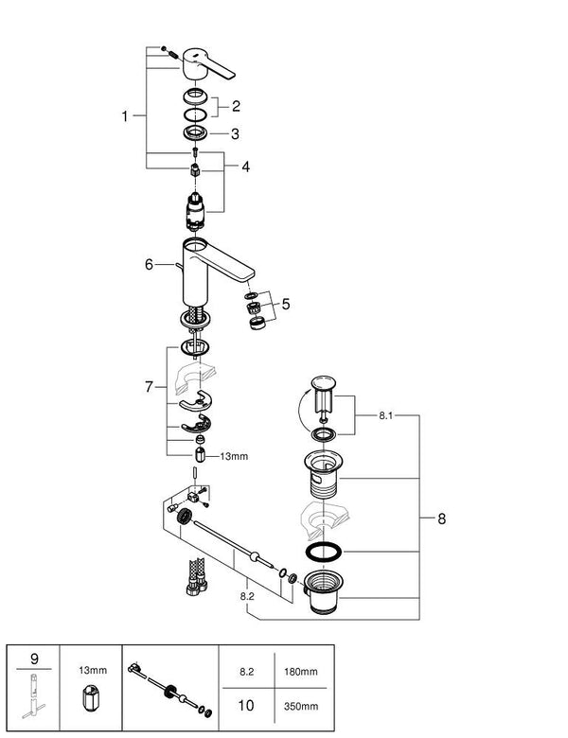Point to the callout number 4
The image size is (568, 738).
(x=245, y=167)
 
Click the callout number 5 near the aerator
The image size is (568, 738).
(x=286, y=305)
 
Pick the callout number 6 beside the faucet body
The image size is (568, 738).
(x=149, y=265)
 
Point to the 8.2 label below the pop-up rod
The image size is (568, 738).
(x=248, y=598)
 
